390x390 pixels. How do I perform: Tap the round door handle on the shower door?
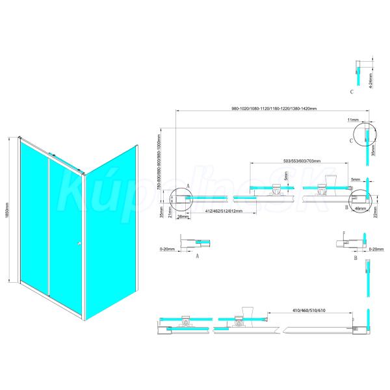(78, 244)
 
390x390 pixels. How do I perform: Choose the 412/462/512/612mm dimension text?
(214, 212)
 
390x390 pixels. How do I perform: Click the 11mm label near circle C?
(353, 120)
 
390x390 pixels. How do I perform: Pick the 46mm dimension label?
(360, 209)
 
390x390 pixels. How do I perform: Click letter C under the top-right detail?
(352, 92)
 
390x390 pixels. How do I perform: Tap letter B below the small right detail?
(356, 257)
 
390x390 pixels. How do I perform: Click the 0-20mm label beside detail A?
(168, 248)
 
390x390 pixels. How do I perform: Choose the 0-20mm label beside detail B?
(376, 248)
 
